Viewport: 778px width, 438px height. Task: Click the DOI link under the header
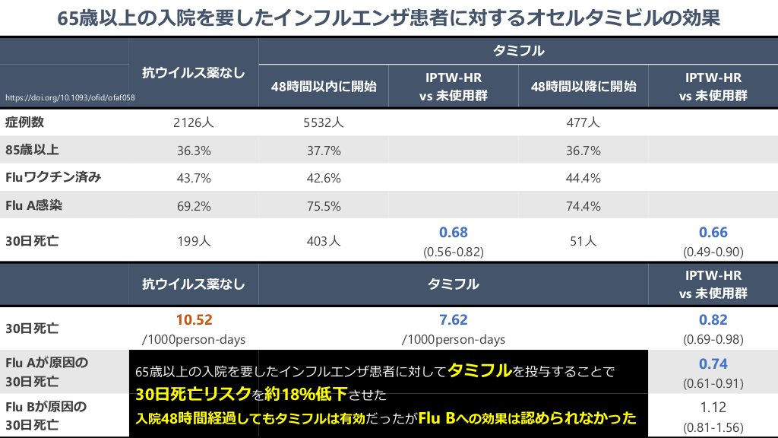coord(70,98)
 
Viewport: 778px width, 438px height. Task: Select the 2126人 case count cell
coord(194,122)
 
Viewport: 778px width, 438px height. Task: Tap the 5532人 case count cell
coord(323,122)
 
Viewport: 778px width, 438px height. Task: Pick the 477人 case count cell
coord(583,122)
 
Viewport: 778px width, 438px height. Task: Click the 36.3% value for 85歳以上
coord(194,151)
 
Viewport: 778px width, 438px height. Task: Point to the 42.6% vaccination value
coord(323,178)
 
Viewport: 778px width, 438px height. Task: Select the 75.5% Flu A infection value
coord(323,206)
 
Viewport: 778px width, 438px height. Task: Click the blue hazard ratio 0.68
coord(454,233)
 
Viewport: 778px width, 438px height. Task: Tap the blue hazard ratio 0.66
coord(713,233)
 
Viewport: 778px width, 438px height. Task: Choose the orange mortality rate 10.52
coord(194,320)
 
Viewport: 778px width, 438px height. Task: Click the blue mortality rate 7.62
coord(454,320)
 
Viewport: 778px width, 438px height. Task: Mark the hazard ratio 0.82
coord(713,320)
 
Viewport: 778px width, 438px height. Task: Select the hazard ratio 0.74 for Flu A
coord(713,363)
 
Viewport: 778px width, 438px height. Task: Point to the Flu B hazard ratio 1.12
coord(713,407)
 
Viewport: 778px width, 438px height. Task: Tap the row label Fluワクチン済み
coord(53,178)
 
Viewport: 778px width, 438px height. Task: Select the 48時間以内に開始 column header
coord(324,86)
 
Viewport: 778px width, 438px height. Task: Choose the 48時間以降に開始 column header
coord(583,86)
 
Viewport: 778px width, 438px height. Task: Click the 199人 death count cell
coord(194,241)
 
